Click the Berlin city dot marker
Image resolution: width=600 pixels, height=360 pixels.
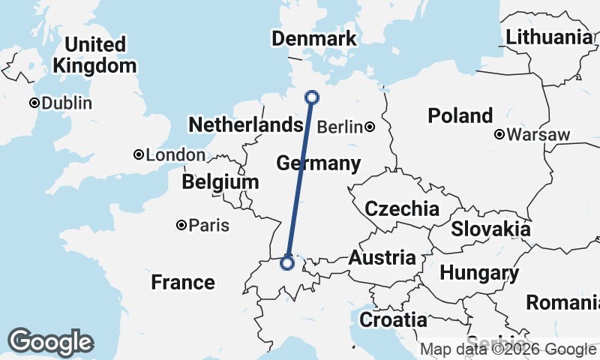click(370, 127)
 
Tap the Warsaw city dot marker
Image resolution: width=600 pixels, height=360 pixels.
click(499, 135)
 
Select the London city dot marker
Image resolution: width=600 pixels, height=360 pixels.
click(139, 154)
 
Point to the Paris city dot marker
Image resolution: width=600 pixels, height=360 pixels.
click(181, 225)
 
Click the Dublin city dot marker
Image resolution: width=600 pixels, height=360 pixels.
click(34, 103)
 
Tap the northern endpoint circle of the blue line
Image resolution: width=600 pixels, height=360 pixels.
click(312, 96)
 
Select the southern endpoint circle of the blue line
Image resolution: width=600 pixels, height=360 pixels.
click(286, 262)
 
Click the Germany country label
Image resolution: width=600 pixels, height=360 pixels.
click(318, 163)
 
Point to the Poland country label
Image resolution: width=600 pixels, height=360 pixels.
click(460, 116)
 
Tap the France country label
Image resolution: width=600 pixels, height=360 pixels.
click(182, 283)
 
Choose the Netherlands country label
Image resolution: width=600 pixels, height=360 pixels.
click(244, 125)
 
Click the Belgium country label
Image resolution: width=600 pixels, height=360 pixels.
click(220, 182)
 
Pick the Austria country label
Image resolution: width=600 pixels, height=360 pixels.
click(382, 258)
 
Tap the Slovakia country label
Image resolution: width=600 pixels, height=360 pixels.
click(490, 229)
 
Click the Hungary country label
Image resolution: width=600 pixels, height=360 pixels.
click(479, 274)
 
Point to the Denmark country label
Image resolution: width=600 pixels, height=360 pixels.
click(313, 39)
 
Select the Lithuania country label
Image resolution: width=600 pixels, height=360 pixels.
click(549, 37)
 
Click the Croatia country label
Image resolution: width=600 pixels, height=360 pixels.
click(393, 320)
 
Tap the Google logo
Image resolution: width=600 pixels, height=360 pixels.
click(50, 342)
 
